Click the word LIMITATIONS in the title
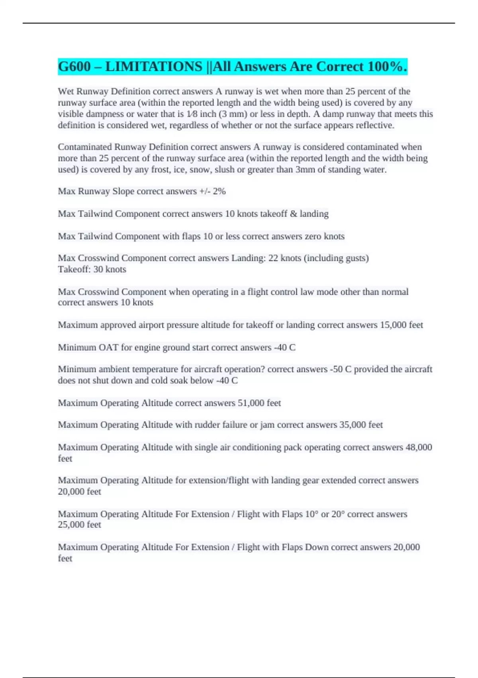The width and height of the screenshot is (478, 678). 154,67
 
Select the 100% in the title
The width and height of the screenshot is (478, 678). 387,67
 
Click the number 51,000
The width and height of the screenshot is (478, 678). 251,403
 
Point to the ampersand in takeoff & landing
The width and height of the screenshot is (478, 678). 294,214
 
